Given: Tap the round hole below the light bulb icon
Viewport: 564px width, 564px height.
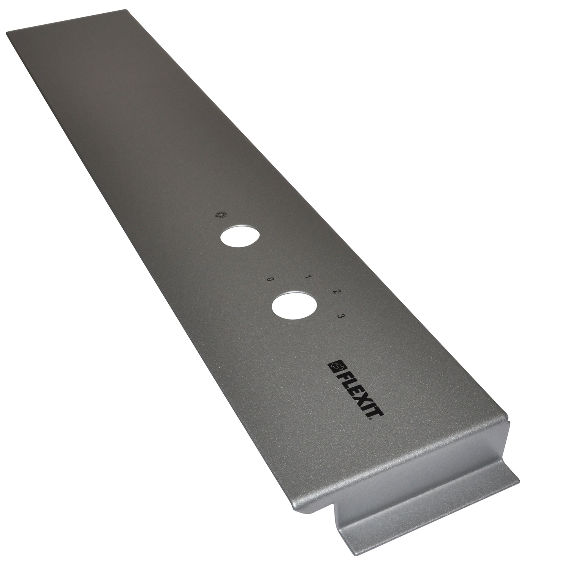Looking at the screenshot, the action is pyautogui.click(x=240, y=236).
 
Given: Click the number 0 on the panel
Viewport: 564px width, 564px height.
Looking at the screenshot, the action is pyautogui.click(x=269, y=280).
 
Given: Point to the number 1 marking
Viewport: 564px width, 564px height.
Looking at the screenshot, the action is pyautogui.click(x=308, y=277).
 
